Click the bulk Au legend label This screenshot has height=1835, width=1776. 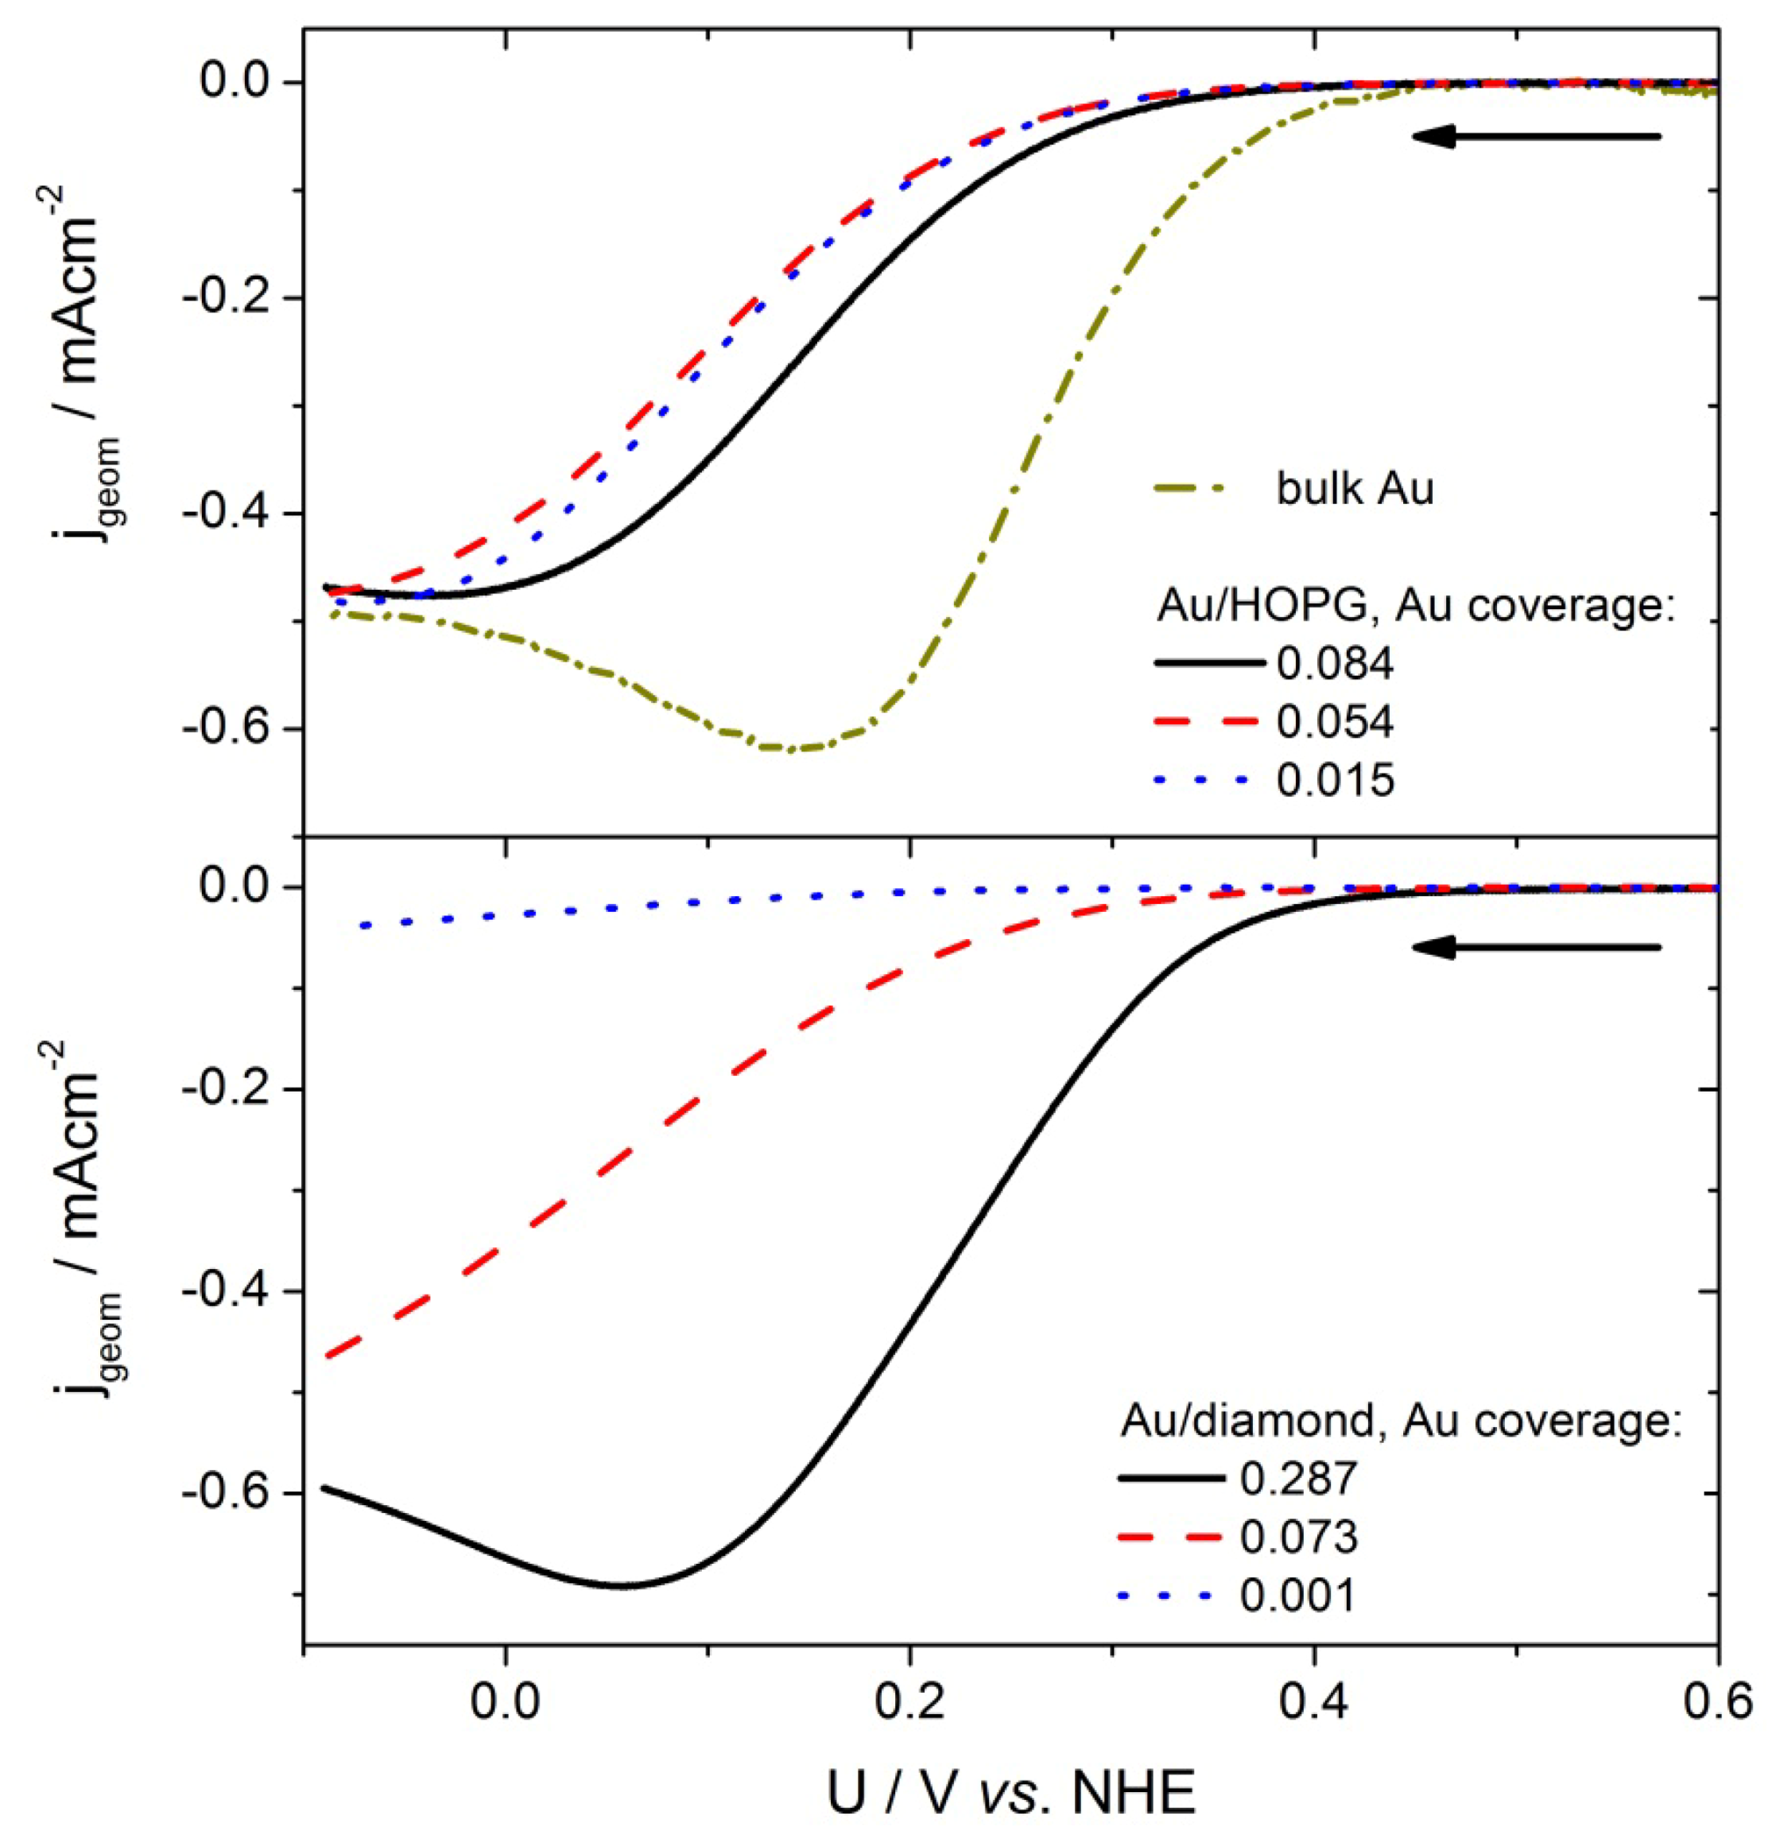tap(1354, 489)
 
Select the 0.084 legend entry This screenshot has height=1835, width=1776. tap(1334, 663)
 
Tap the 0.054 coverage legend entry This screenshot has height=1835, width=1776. tap(1334, 721)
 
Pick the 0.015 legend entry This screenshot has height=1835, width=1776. tap(1334, 780)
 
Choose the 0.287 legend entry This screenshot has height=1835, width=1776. tap(1297, 1478)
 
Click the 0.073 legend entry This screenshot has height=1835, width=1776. tap(1297, 1536)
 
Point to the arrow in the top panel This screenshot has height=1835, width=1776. tap(1535, 137)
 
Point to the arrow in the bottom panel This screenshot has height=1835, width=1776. tap(1535, 948)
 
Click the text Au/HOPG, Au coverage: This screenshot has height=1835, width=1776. tap(1414, 606)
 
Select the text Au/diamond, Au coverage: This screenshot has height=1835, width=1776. tap(1402, 1422)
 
